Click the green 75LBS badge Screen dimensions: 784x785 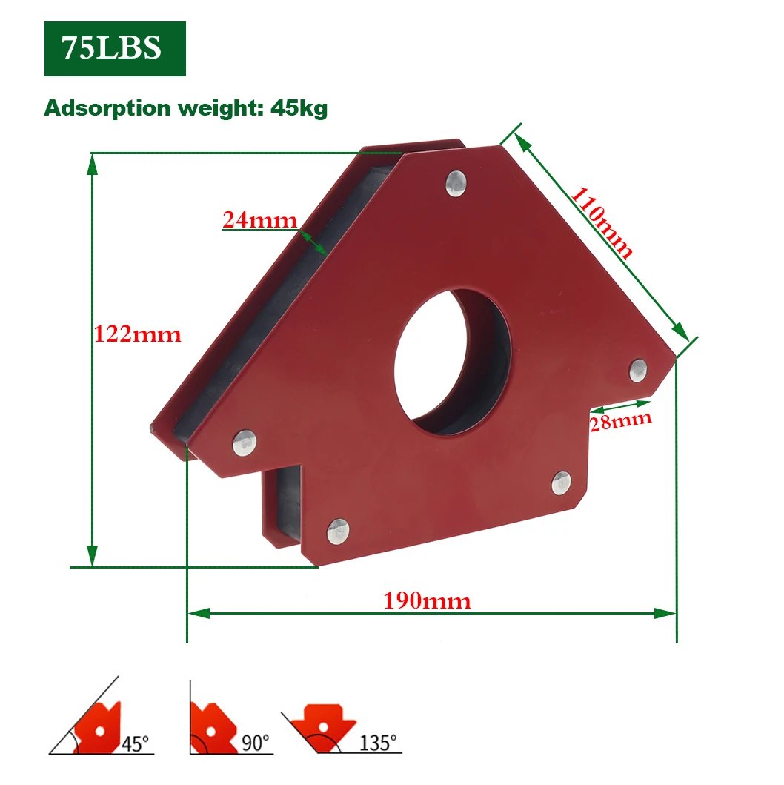115,49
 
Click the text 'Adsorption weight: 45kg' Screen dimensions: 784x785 185,108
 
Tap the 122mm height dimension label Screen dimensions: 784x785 138,334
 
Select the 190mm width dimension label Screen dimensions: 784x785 427,600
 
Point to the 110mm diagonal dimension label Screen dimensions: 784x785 602,222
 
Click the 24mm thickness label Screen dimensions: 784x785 259,219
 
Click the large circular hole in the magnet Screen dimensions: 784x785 453,362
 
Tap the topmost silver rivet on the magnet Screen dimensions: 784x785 456,183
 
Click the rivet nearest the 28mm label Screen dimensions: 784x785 638,371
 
